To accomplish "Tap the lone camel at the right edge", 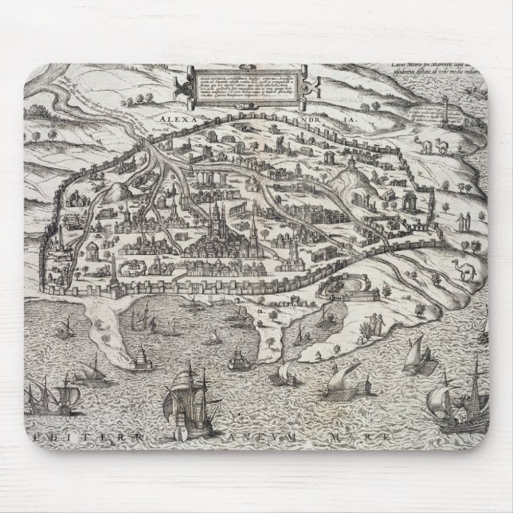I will (464, 270).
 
